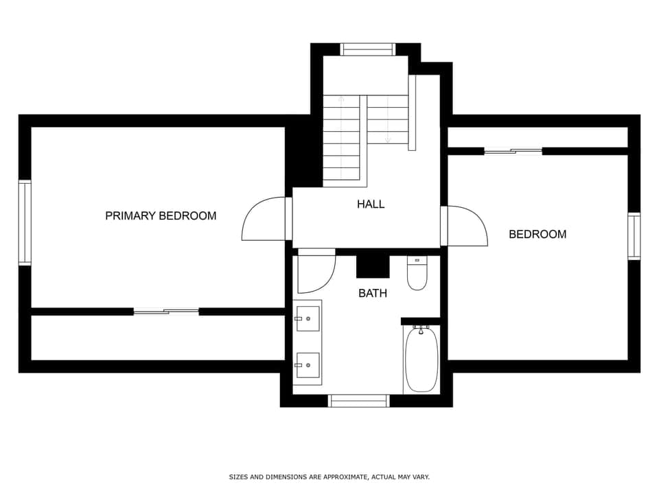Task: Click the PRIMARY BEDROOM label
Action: [x=161, y=215]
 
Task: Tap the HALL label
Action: [x=371, y=204]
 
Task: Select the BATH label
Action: [x=373, y=293]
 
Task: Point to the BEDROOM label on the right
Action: [x=537, y=234]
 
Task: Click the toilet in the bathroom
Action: [x=417, y=274]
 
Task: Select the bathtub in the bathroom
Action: [x=421, y=359]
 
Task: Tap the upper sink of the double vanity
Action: [x=308, y=318]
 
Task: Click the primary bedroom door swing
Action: [x=264, y=220]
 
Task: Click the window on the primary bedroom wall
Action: [x=25, y=222]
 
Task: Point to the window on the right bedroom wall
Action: [x=634, y=236]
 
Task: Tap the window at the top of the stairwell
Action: [x=368, y=49]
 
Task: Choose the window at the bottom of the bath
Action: [x=359, y=400]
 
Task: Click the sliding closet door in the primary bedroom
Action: [x=166, y=311]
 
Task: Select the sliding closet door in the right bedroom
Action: [x=513, y=151]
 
